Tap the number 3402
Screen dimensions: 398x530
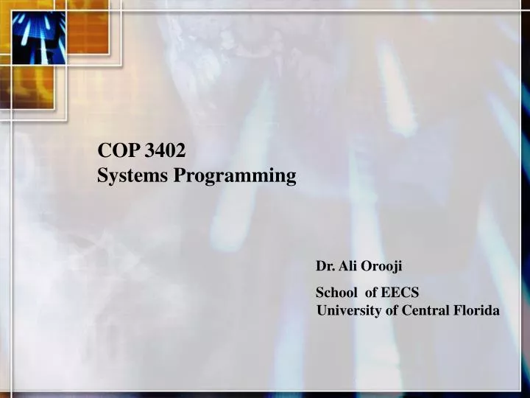pyautogui.click(x=166, y=151)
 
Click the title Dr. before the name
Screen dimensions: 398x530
pyautogui.click(x=325, y=265)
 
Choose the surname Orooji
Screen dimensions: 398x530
pyautogui.click(x=382, y=265)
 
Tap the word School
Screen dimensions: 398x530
pyautogui.click(x=336, y=292)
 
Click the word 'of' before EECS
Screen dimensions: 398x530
pyautogui.click(x=371, y=292)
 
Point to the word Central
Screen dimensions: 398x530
pyautogui.click(x=424, y=311)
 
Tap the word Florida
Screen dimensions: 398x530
pyautogui.click(x=475, y=311)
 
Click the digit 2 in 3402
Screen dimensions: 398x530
pyautogui.click(x=180, y=151)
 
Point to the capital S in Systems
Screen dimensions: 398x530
pyautogui.click(x=103, y=175)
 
